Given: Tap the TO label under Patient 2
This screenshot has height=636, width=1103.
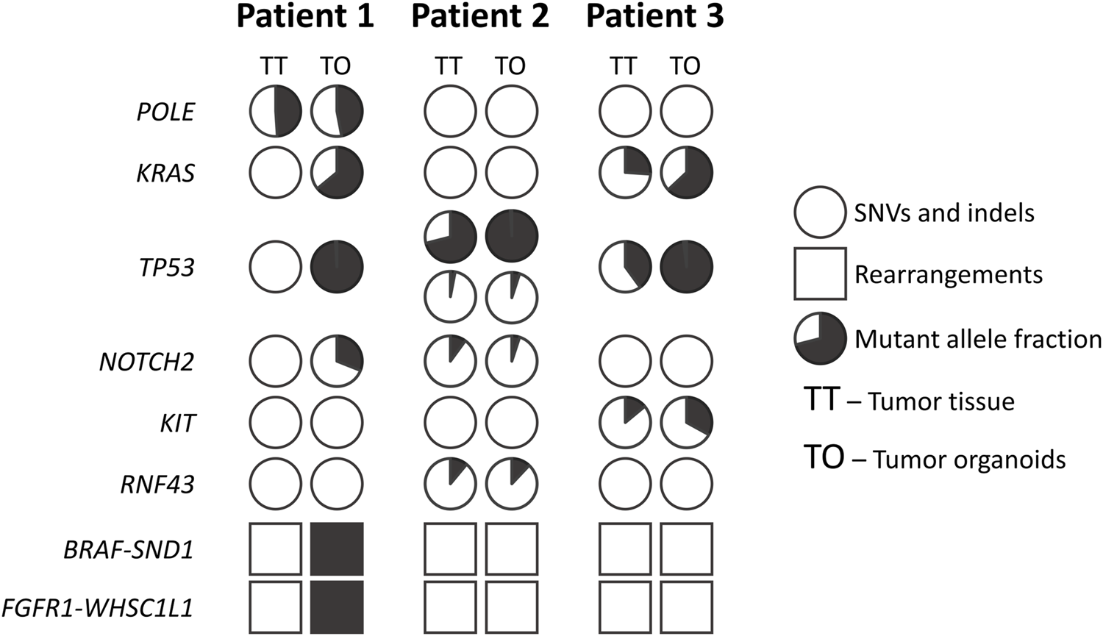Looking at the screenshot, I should [x=510, y=66].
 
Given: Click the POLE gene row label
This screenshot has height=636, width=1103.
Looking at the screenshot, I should [x=166, y=112].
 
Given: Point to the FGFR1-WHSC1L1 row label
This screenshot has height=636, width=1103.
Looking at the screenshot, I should [x=98, y=608].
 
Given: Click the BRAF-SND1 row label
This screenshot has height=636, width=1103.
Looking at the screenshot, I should [x=129, y=549].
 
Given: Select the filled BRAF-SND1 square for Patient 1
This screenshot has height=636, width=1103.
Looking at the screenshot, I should [x=337, y=549].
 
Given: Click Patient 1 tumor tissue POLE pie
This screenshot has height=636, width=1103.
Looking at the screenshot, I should [x=276, y=112].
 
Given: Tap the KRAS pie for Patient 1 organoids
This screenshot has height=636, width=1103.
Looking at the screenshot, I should [x=337, y=173].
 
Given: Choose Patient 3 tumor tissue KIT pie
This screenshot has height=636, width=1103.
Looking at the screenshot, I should [x=625, y=423].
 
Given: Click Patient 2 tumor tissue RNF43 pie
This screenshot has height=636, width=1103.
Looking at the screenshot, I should [x=450, y=484].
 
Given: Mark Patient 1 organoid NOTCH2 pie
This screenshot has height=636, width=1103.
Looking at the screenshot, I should [x=337, y=361].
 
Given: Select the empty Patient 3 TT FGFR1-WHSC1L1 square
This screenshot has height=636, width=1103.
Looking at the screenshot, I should [x=625, y=607].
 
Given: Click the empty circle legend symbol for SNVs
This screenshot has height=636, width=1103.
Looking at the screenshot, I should [x=820, y=212].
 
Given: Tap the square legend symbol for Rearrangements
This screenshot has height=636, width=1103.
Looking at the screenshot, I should [x=820, y=274].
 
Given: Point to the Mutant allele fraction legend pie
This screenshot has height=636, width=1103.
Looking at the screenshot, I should [x=820, y=338].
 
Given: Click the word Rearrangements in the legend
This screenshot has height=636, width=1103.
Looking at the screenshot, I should [x=948, y=275].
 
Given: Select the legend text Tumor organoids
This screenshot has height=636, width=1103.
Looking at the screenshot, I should [x=969, y=460].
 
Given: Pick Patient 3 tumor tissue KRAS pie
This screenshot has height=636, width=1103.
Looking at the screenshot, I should [x=625, y=173].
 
